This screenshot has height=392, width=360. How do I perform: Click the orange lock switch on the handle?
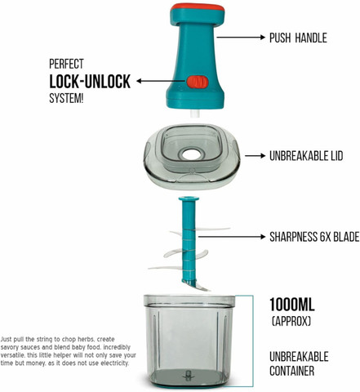(198, 82)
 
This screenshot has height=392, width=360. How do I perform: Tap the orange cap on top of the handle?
(198, 8)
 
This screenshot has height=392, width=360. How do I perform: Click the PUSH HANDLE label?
(298, 38)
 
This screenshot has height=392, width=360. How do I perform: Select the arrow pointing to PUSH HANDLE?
(241, 37)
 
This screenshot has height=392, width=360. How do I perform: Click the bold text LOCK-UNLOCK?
(90, 82)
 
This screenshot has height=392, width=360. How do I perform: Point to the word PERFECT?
(66, 64)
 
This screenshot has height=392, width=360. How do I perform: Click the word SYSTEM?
(66, 98)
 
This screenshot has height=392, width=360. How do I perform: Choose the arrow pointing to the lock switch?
(161, 81)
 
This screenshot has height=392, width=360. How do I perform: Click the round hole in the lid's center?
(192, 154)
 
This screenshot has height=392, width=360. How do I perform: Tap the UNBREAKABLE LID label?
(306, 156)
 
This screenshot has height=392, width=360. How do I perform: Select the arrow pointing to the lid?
(255, 156)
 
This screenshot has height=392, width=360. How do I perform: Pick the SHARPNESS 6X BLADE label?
(314, 237)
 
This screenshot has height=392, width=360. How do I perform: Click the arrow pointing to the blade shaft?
(232, 237)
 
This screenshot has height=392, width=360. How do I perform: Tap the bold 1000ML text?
(292, 305)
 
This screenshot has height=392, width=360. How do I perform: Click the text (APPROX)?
(291, 322)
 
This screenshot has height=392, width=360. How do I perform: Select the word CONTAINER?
(291, 371)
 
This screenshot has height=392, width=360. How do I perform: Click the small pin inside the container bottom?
(188, 376)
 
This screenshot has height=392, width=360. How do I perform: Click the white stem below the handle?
(195, 114)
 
